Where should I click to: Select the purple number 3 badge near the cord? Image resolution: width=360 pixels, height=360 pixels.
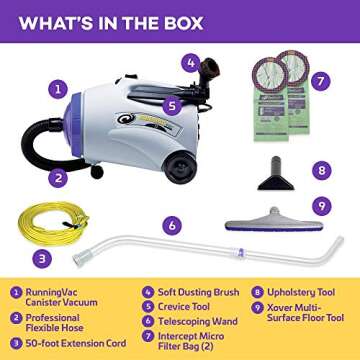[43, 257]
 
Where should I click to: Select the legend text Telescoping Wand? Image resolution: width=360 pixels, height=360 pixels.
[191, 321]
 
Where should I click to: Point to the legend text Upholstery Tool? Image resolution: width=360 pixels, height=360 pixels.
[299, 293]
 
